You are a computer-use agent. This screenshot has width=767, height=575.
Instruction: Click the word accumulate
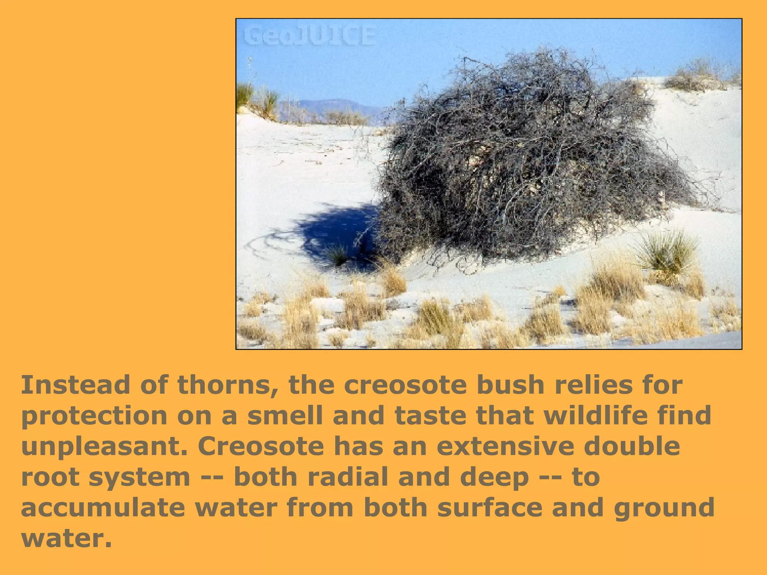[x=103, y=508]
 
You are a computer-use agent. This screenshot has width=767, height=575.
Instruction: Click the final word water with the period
[x=66, y=538]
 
